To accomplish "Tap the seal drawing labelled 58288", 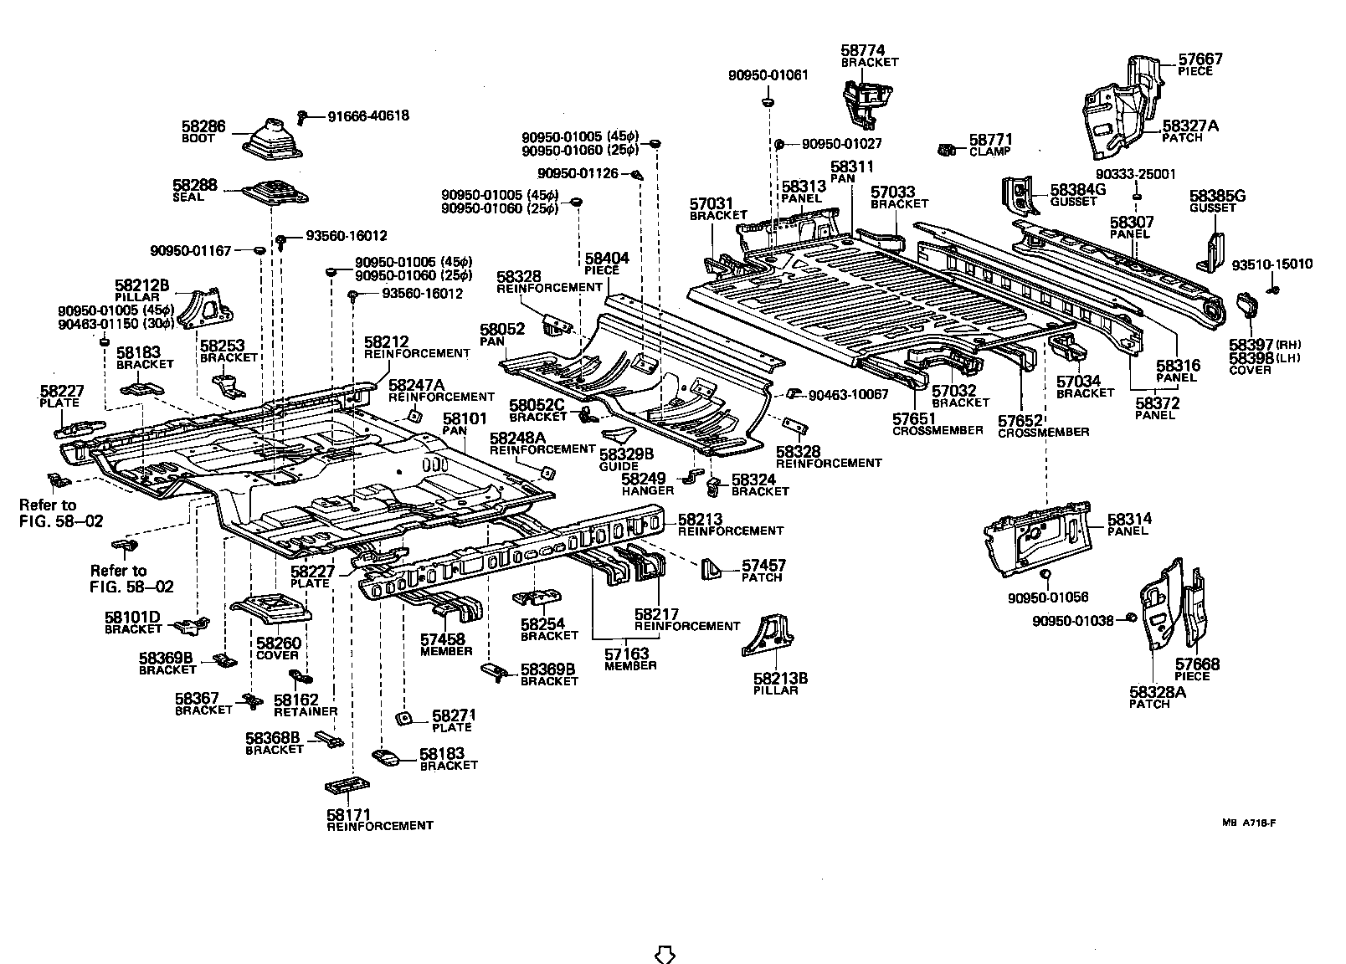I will pyautogui.click(x=276, y=195).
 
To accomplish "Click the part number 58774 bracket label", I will pyautogui.click(x=862, y=51).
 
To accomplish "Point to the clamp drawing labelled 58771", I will pyautogui.click(x=946, y=151).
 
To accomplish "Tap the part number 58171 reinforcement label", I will pyautogui.click(x=348, y=814).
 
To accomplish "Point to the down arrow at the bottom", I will pyautogui.click(x=663, y=953).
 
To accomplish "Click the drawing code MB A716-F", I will pyautogui.click(x=1248, y=823).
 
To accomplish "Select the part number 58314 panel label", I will pyautogui.click(x=1129, y=520).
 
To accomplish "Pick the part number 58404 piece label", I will pyautogui.click(x=607, y=259).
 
